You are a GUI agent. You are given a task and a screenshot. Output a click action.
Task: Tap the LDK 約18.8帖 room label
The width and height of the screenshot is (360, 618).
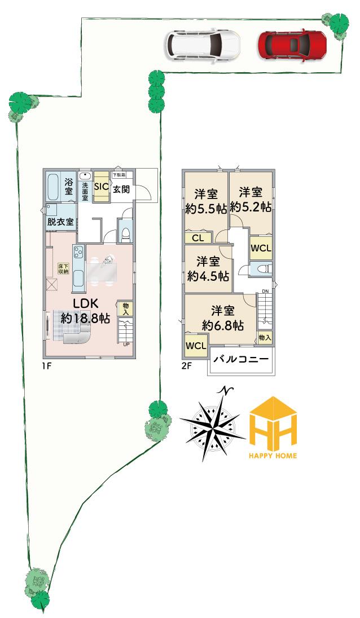pyautogui.click(x=85, y=310)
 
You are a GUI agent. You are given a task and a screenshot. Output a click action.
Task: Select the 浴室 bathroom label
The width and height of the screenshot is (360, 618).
pyautogui.click(x=68, y=186)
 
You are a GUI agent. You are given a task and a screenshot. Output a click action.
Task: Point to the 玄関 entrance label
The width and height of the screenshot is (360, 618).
pyautogui.click(x=121, y=189)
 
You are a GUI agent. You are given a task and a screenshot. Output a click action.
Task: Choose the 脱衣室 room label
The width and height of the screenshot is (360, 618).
pyautogui.click(x=60, y=222)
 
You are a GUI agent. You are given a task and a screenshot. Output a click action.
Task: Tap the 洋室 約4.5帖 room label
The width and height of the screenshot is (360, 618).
pyautogui.click(x=208, y=269)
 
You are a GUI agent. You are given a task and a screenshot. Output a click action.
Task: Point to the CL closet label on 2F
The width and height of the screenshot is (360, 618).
pyautogui.click(x=197, y=238)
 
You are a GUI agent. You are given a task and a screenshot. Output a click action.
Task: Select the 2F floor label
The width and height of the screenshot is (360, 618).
pyautogui.click(x=186, y=365)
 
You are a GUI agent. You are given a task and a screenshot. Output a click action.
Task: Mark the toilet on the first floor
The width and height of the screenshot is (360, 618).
pyautogui.click(x=125, y=233)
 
